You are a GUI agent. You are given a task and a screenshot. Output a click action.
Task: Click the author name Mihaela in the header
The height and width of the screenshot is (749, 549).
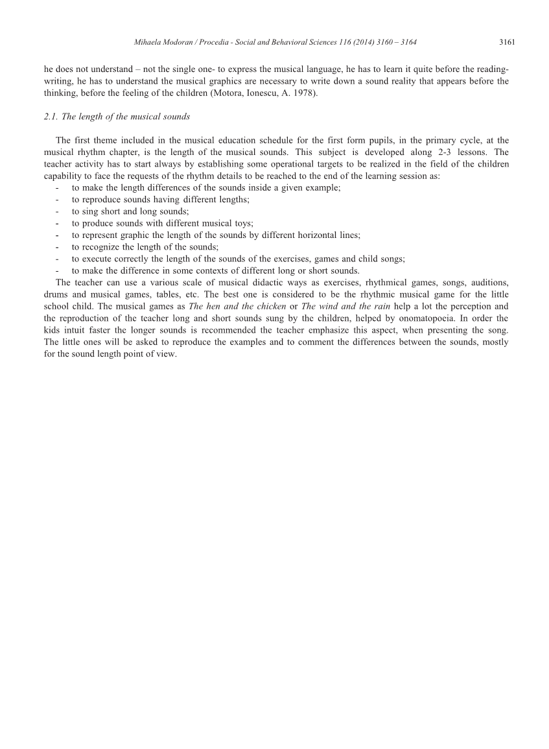tap(147, 42)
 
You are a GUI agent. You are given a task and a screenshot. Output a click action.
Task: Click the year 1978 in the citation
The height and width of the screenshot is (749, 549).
tap(304, 93)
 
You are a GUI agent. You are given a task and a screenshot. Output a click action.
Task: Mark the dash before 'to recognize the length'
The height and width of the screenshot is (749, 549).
tap(58, 247)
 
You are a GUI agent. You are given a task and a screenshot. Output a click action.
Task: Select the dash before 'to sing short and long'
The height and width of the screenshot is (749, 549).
tap(58, 211)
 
